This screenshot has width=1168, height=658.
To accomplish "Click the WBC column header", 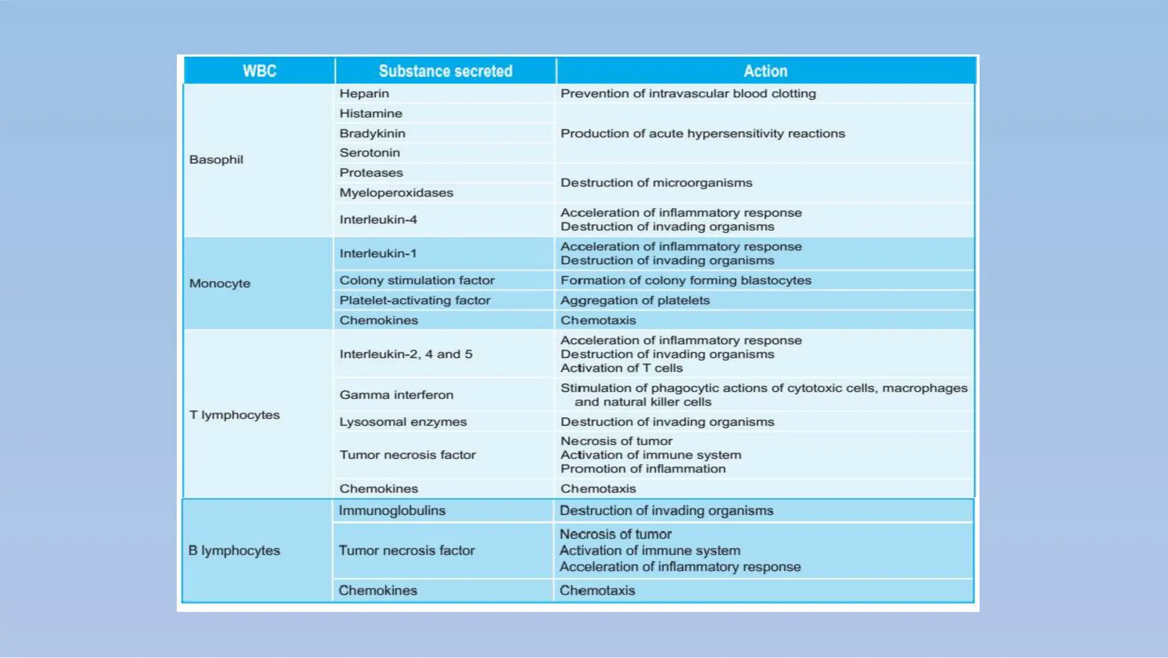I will (x=259, y=71).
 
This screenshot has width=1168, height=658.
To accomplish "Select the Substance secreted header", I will (x=445, y=71).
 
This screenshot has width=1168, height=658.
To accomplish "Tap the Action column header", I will (x=765, y=71).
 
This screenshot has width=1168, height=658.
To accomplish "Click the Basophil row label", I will (x=216, y=160).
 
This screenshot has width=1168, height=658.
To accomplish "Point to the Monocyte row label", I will (x=220, y=284).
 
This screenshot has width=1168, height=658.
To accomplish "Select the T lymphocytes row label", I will (x=234, y=415).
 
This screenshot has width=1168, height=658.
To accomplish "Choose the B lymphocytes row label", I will (x=234, y=551).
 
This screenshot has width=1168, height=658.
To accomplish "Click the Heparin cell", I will (x=364, y=94).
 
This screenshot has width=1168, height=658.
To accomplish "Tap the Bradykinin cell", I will (x=372, y=134).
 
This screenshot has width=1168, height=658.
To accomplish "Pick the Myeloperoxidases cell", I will (x=396, y=193).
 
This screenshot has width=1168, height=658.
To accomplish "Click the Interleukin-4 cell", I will (x=378, y=220).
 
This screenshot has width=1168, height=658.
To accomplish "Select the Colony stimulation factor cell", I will (x=417, y=281).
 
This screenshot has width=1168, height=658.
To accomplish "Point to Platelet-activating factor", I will (x=415, y=301).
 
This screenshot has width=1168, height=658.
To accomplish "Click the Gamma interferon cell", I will (x=396, y=395).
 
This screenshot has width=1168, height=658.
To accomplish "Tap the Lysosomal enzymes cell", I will (x=403, y=422).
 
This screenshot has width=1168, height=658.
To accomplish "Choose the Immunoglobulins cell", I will (x=392, y=511).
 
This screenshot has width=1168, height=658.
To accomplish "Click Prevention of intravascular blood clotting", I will (x=688, y=94).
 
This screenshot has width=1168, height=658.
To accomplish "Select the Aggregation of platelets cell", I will (x=635, y=301).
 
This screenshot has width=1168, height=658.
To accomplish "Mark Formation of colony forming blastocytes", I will (x=686, y=281).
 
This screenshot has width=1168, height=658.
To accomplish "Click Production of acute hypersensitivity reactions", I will (x=703, y=134).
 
